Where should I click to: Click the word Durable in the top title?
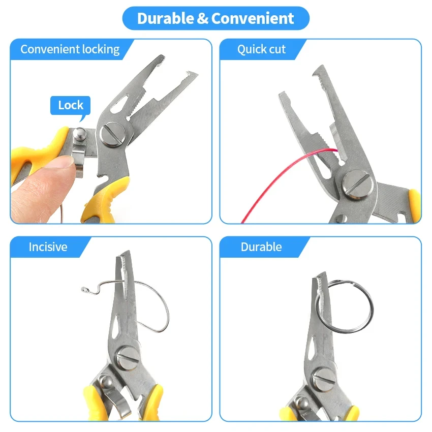coord(165,19)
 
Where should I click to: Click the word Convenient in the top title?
coord(253,19)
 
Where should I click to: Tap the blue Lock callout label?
coord(70,105)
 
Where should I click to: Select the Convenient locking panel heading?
coord(70,49)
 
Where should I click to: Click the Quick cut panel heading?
coord(261,49)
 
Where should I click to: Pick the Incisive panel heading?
coord(48,247)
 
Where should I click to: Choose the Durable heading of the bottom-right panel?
coord(261,247)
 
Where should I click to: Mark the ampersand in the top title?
coord(203,19)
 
